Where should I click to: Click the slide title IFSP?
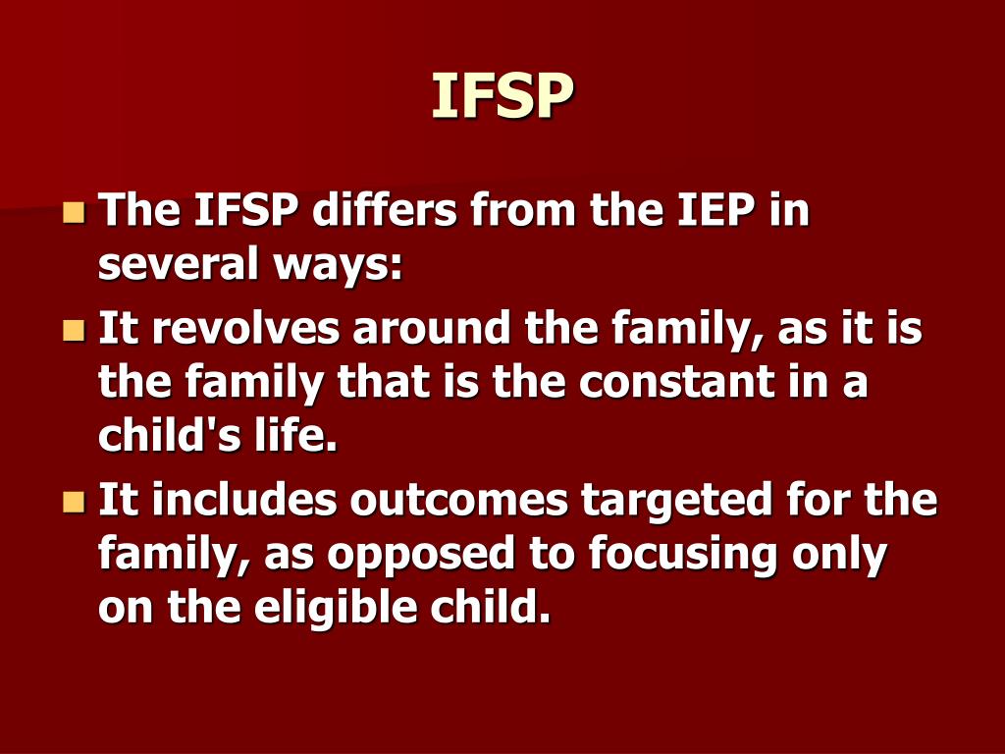[502, 96]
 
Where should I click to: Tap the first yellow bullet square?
[74, 212]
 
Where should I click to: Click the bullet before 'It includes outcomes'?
[74, 502]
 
